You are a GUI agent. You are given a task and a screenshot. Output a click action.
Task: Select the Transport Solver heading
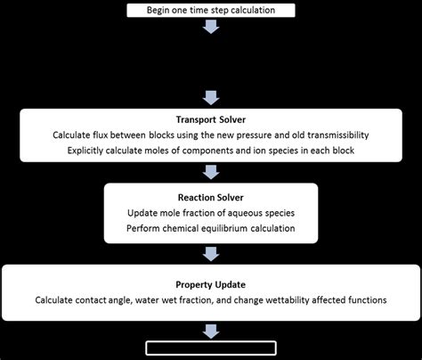(211, 119)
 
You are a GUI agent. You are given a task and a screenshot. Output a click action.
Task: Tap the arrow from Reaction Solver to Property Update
(211, 253)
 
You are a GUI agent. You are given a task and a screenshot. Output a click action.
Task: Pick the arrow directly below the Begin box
(211, 26)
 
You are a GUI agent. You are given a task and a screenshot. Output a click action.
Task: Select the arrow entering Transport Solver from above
(211, 96)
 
